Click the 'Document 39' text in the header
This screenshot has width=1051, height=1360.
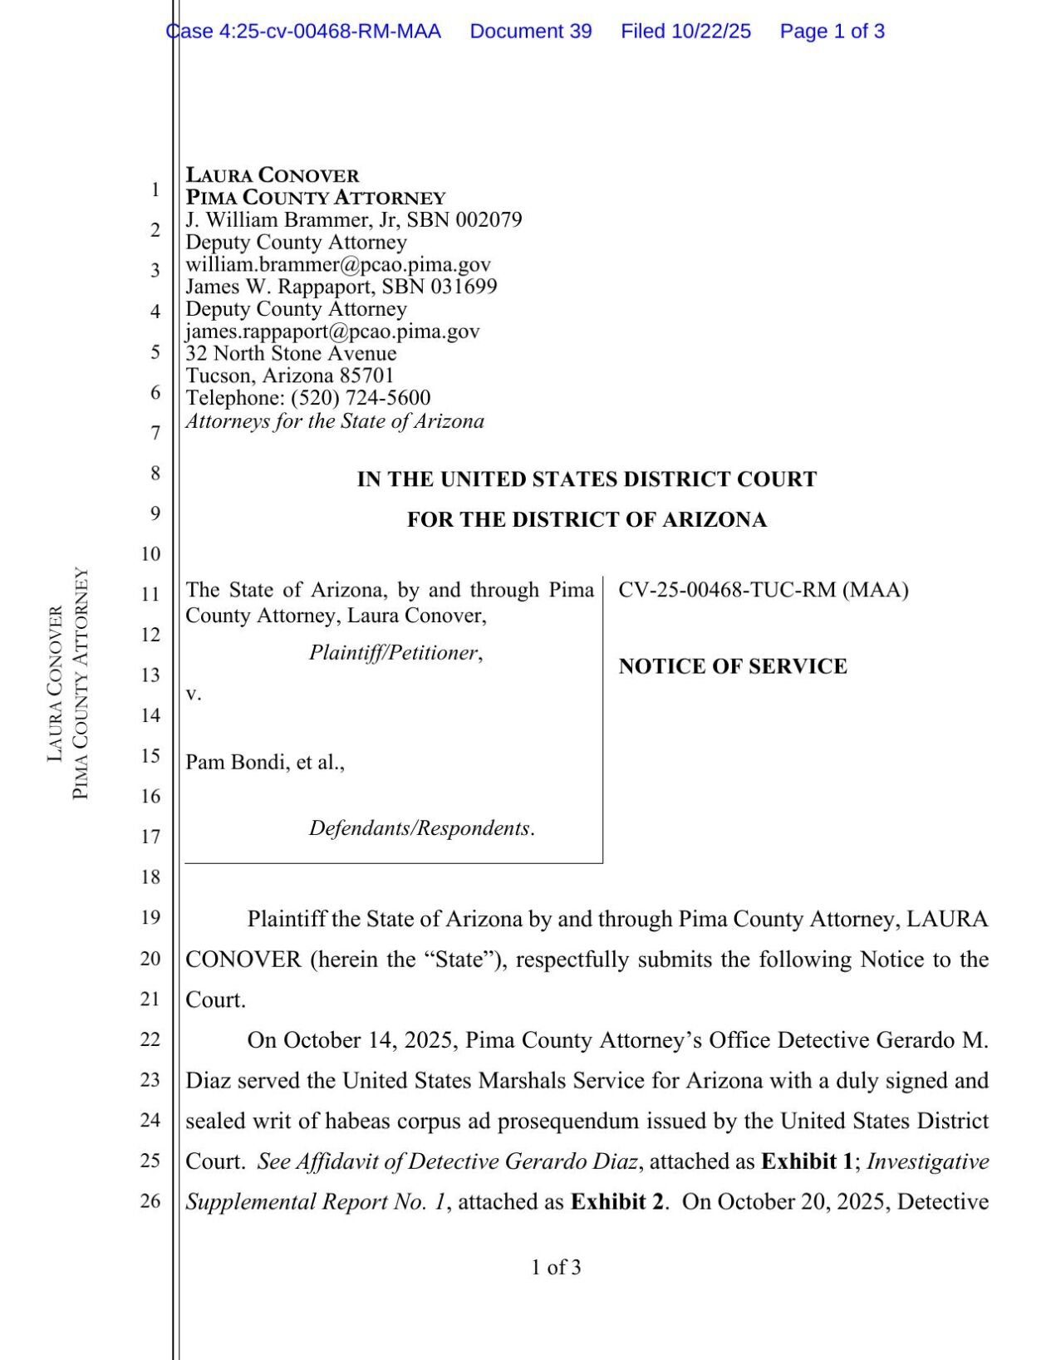(x=530, y=32)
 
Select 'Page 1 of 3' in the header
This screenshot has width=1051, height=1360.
(x=832, y=32)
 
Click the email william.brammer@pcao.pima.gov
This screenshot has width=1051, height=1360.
(x=338, y=264)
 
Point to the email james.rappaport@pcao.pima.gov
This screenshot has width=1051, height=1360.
(x=332, y=331)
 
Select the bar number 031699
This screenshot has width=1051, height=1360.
(x=464, y=287)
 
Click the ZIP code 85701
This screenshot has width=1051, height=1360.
(x=366, y=376)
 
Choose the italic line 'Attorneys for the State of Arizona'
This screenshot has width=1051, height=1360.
(x=335, y=421)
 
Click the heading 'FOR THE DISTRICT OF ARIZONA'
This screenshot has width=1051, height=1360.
(x=587, y=520)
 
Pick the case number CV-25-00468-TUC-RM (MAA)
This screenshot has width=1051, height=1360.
(x=763, y=590)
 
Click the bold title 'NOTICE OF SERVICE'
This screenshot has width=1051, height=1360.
(x=733, y=666)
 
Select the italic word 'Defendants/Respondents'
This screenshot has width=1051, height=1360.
(x=420, y=828)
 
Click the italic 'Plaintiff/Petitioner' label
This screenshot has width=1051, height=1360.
(x=394, y=653)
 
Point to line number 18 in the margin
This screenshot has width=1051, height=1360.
(x=150, y=877)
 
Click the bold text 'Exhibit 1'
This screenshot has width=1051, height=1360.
(x=806, y=1161)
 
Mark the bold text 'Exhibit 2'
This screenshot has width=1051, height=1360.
(x=616, y=1202)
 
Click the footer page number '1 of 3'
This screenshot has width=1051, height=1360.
(x=556, y=1268)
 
